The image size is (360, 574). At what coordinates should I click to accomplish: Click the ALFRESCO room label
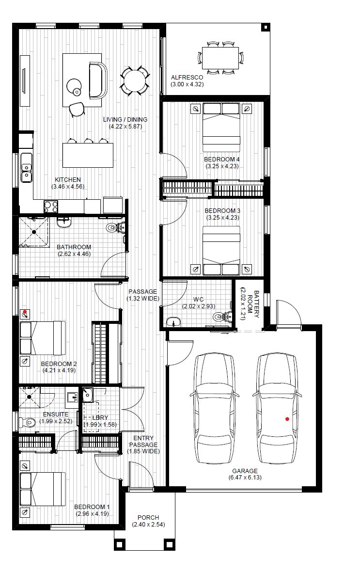pos(187,78)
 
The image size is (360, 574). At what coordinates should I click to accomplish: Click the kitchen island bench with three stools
pos(88,155)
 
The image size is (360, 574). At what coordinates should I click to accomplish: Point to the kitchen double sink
pos(26,168)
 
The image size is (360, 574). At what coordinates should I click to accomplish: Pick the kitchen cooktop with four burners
pos(51,207)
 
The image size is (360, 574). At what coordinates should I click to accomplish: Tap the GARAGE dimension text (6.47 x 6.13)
pos(245,478)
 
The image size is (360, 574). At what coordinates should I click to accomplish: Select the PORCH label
pos(148,517)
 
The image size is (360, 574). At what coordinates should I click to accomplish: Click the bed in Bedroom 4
pos(221,124)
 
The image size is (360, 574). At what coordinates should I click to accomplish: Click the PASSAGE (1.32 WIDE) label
pos(142,295)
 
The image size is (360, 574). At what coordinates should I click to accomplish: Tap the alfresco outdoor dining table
pos(221,58)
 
